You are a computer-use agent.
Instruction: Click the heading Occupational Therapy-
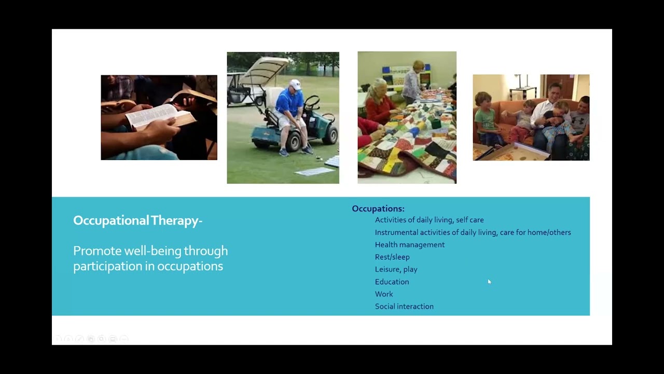pyautogui.click(x=137, y=221)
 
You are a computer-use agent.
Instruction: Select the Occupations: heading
pyautogui.click(x=378, y=209)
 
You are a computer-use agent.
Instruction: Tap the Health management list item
pyautogui.click(x=409, y=245)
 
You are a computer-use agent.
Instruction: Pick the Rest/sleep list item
pyautogui.click(x=392, y=257)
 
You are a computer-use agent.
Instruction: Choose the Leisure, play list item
pyautogui.click(x=396, y=270)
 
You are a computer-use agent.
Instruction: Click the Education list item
pyautogui.click(x=392, y=282)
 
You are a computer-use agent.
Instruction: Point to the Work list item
pyautogui.click(x=384, y=294)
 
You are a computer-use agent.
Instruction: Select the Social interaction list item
pyautogui.click(x=404, y=306)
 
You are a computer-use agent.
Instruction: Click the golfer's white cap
pyautogui.click(x=295, y=84)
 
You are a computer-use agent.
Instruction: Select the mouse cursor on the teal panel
pyautogui.click(x=489, y=282)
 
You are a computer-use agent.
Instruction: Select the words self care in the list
pyautogui.click(x=469, y=220)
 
